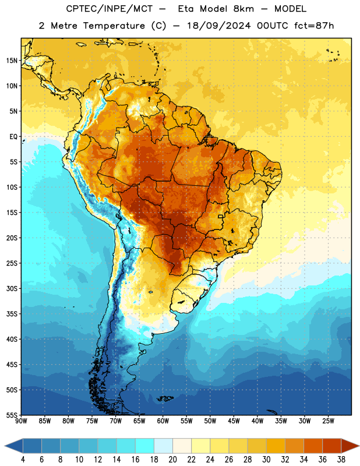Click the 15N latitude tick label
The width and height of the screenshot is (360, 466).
12,61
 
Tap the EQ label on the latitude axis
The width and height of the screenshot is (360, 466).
13,137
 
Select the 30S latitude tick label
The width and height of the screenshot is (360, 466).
12,288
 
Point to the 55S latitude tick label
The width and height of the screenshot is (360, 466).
12,415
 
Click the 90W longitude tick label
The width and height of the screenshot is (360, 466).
21,421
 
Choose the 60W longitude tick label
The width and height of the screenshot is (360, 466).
163,421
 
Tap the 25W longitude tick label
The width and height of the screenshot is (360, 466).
328,421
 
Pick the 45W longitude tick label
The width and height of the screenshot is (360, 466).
234,421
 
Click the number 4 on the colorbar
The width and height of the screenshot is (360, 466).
23,460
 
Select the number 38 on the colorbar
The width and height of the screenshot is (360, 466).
341,460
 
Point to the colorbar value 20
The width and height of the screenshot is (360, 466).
172,460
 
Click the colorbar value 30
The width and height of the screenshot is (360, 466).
266,460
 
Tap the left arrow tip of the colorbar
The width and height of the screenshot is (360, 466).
5,446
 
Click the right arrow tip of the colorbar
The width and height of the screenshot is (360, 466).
359,446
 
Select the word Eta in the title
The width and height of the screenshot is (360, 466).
185,9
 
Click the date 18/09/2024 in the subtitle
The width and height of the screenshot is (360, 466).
218,26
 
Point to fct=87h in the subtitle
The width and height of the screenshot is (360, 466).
314,26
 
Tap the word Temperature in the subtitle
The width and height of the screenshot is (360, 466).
114,26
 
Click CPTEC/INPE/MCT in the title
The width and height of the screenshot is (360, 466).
110,9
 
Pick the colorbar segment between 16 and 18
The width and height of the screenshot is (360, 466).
145,446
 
